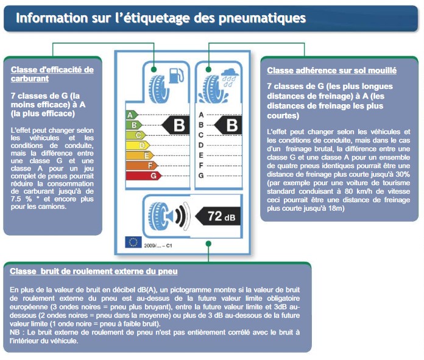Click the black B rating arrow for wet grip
(230, 125)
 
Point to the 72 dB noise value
(219, 216)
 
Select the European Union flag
(133, 242)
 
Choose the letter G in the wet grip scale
(201, 175)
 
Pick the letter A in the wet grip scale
(201, 115)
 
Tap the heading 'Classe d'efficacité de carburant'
(52, 74)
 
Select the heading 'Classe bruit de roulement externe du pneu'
(94, 271)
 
